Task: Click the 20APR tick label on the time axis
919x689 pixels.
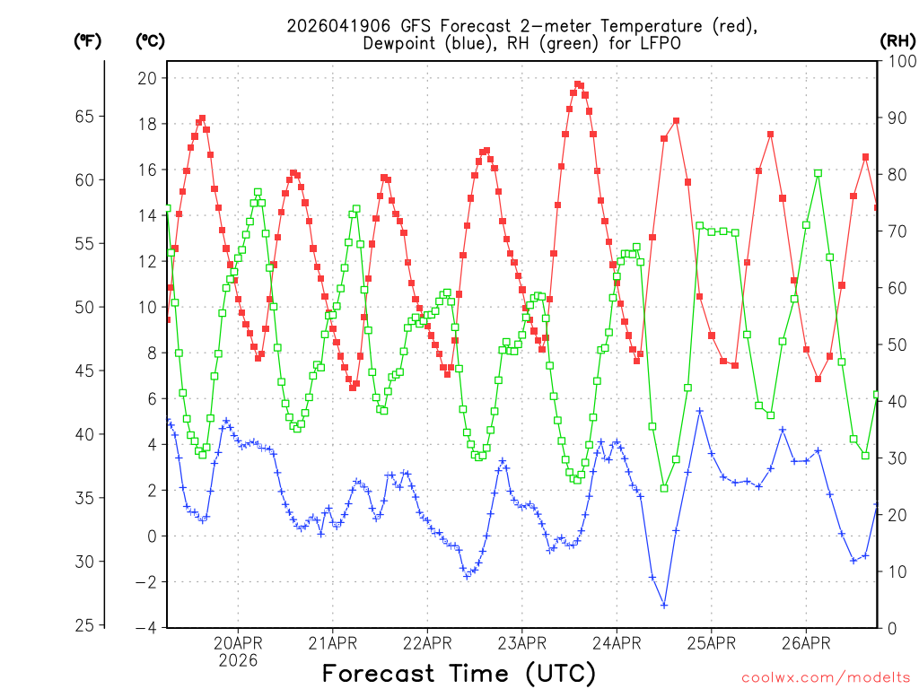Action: pyautogui.click(x=238, y=642)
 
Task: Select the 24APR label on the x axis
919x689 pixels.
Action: pyautogui.click(x=616, y=642)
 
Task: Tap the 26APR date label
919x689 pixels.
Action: pyautogui.click(x=805, y=642)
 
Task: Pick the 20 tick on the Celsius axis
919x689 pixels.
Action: pyautogui.click(x=146, y=78)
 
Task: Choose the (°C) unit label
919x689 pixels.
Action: pyautogui.click(x=150, y=41)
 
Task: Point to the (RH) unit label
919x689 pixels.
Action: pyautogui.click(x=898, y=41)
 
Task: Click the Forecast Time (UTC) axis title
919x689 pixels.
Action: pyautogui.click(x=459, y=673)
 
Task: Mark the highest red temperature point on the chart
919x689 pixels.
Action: pyautogui.click(x=578, y=84)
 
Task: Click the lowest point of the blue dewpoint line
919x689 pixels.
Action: pyautogui.click(x=664, y=605)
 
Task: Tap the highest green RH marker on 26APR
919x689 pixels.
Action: pyautogui.click(x=818, y=173)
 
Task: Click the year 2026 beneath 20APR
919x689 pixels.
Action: pyautogui.click(x=238, y=660)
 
